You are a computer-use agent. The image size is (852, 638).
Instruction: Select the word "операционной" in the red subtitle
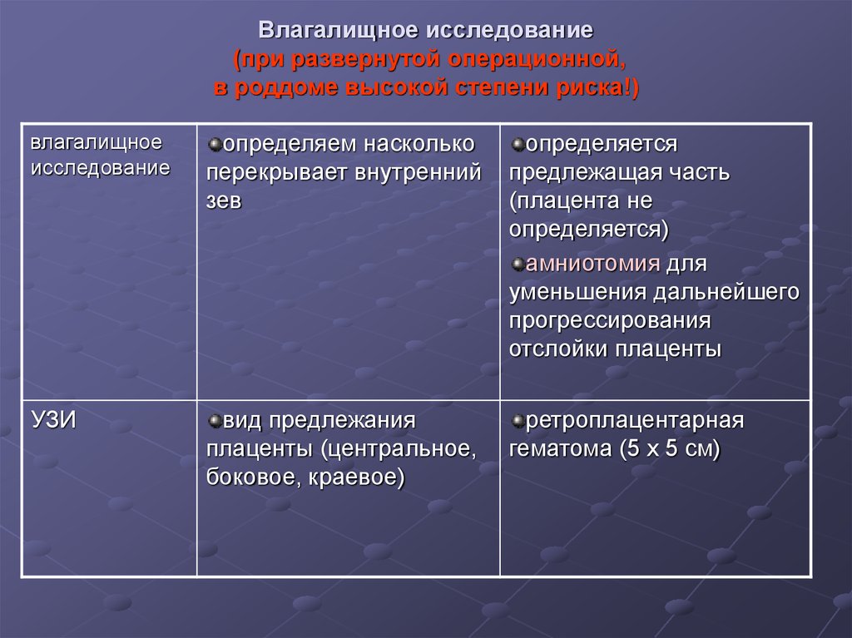537,59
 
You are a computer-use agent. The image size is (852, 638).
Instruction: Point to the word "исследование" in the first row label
101,167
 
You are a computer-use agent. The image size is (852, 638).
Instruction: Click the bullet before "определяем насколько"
214,145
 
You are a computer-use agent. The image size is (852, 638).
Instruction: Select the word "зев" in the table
225,201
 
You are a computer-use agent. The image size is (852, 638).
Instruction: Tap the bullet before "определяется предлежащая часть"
518,145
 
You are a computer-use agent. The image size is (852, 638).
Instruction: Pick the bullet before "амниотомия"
518,265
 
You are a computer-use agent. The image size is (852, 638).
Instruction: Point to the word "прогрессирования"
610,320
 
